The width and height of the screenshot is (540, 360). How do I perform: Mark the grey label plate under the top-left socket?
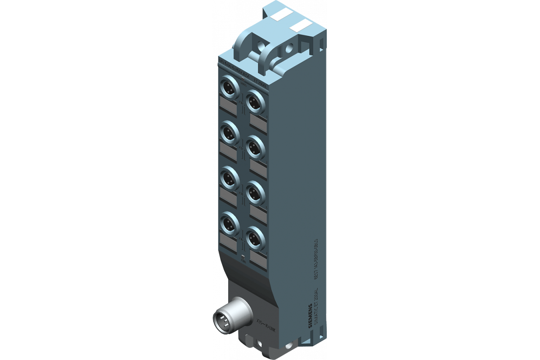click(229, 106)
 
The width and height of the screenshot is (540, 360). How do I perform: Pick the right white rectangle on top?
click(302, 26)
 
